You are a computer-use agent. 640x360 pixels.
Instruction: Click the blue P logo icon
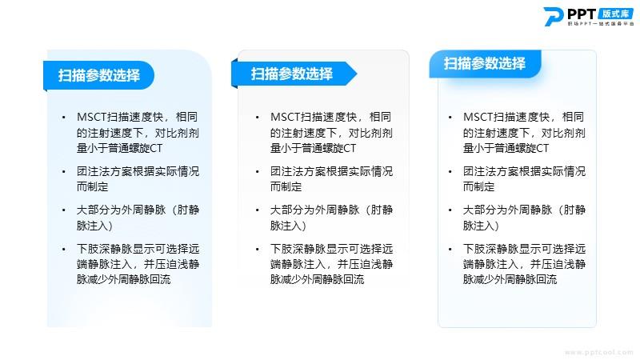click(x=554, y=17)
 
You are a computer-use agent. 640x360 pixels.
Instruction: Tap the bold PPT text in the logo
click(x=582, y=14)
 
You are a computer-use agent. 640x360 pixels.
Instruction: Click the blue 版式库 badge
click(x=616, y=14)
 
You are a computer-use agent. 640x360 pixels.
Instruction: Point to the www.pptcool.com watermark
click(x=598, y=352)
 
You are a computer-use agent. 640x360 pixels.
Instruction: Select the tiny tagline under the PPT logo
click(x=601, y=24)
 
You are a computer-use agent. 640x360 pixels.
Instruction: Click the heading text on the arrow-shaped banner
click(x=292, y=74)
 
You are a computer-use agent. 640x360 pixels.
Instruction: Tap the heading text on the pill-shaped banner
click(x=98, y=75)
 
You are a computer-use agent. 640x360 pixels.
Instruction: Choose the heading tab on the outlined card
click(x=485, y=64)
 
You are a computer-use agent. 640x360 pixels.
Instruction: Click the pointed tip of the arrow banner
click(x=357, y=74)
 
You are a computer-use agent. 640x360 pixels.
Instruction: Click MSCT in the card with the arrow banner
click(x=285, y=117)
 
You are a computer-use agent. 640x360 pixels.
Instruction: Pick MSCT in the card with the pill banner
click(x=91, y=117)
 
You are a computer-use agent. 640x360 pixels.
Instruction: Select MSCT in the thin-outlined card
click(x=478, y=117)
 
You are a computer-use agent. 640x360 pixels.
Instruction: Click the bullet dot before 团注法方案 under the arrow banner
click(x=257, y=172)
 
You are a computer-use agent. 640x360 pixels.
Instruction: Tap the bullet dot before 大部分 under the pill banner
click(x=64, y=210)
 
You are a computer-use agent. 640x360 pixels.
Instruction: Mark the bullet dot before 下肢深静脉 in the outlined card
click(x=450, y=249)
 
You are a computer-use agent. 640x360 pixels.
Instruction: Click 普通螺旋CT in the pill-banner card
click(x=135, y=148)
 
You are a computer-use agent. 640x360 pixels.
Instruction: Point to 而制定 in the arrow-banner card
click(x=286, y=187)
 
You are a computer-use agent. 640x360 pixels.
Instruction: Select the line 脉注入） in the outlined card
click(x=481, y=226)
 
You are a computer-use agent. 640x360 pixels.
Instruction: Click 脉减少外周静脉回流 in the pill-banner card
click(x=124, y=279)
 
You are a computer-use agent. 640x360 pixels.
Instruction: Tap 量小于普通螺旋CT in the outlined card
click(x=506, y=148)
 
